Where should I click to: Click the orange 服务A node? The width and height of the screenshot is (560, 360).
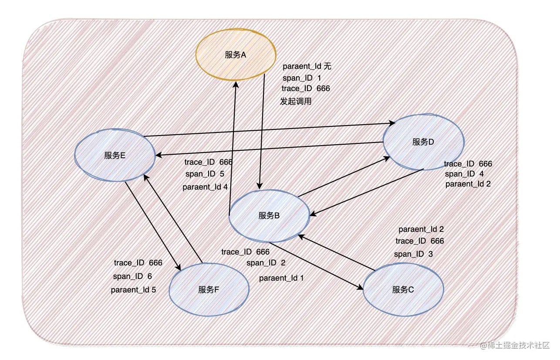(x=236, y=54)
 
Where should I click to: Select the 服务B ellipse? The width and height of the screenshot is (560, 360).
(x=269, y=215)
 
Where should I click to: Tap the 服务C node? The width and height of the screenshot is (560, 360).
(x=403, y=290)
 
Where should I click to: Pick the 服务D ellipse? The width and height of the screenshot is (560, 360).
(x=423, y=142)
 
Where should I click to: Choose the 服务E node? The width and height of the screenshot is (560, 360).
(x=115, y=156)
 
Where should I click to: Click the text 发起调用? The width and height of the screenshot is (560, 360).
(x=296, y=102)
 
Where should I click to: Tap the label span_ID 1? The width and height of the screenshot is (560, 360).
(x=302, y=78)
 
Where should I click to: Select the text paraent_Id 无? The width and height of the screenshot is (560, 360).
(x=307, y=66)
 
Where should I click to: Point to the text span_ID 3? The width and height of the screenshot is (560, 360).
(x=413, y=254)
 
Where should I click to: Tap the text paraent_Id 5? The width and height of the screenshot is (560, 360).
(x=133, y=289)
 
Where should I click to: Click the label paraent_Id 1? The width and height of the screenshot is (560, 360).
(x=281, y=278)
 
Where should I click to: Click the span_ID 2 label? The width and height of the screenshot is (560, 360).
(x=266, y=263)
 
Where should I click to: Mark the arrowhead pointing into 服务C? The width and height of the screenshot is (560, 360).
(x=361, y=288)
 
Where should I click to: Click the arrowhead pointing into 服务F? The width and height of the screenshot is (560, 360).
(x=179, y=267)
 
